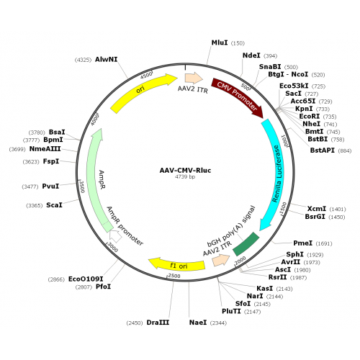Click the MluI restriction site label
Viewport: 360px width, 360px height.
(220, 42)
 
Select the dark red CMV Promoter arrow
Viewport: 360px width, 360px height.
(238, 96)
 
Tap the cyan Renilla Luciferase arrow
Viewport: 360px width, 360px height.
(274, 173)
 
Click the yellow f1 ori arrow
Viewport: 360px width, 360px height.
(177, 264)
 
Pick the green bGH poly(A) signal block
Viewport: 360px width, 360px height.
(246, 244)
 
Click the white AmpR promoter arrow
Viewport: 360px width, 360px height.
(115, 236)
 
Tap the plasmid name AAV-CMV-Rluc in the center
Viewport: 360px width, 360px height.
(185, 171)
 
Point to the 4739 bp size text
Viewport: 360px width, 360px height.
(185, 177)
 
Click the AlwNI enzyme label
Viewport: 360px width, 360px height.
(107, 59)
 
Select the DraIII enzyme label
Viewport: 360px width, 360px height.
(158, 323)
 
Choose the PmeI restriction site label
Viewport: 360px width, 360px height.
(303, 243)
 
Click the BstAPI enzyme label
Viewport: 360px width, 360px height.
(322, 150)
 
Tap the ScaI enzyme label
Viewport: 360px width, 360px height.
(54, 205)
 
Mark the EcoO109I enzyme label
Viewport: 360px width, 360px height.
(86, 279)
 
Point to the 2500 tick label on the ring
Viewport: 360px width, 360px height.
(174, 276)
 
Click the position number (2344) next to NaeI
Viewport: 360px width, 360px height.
(218, 323)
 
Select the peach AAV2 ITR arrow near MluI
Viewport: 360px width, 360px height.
(194, 78)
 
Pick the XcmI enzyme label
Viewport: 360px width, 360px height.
(317, 209)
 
